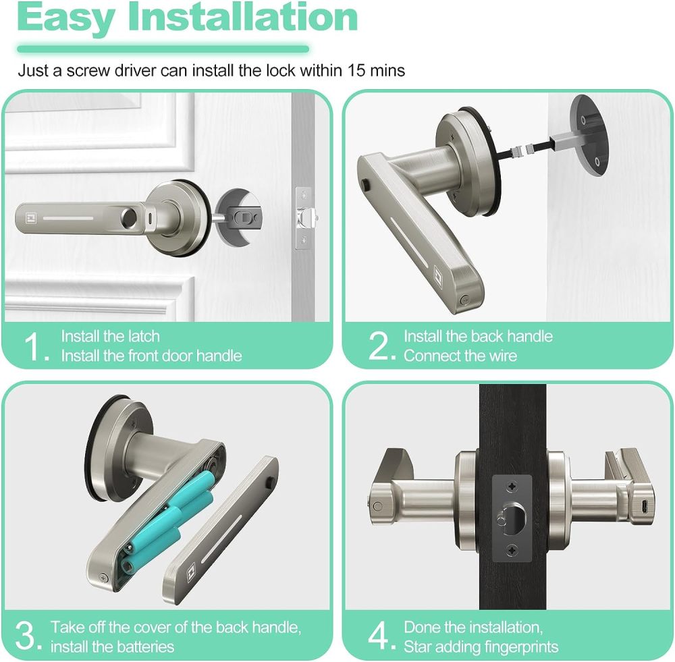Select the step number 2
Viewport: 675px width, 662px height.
click(x=381, y=347)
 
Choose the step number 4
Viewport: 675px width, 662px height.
click(x=381, y=637)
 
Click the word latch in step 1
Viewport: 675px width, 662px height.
click(x=144, y=336)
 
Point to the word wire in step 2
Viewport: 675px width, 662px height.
click(x=501, y=356)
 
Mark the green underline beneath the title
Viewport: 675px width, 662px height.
click(x=163, y=49)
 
